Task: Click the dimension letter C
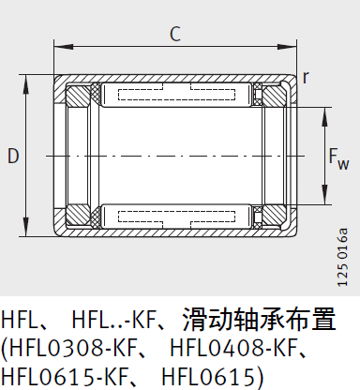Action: (x=174, y=35)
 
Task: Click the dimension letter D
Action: (x=13, y=157)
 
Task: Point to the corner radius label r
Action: (x=306, y=78)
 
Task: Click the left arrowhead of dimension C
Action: (x=59, y=47)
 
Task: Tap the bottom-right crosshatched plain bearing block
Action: (x=274, y=212)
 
